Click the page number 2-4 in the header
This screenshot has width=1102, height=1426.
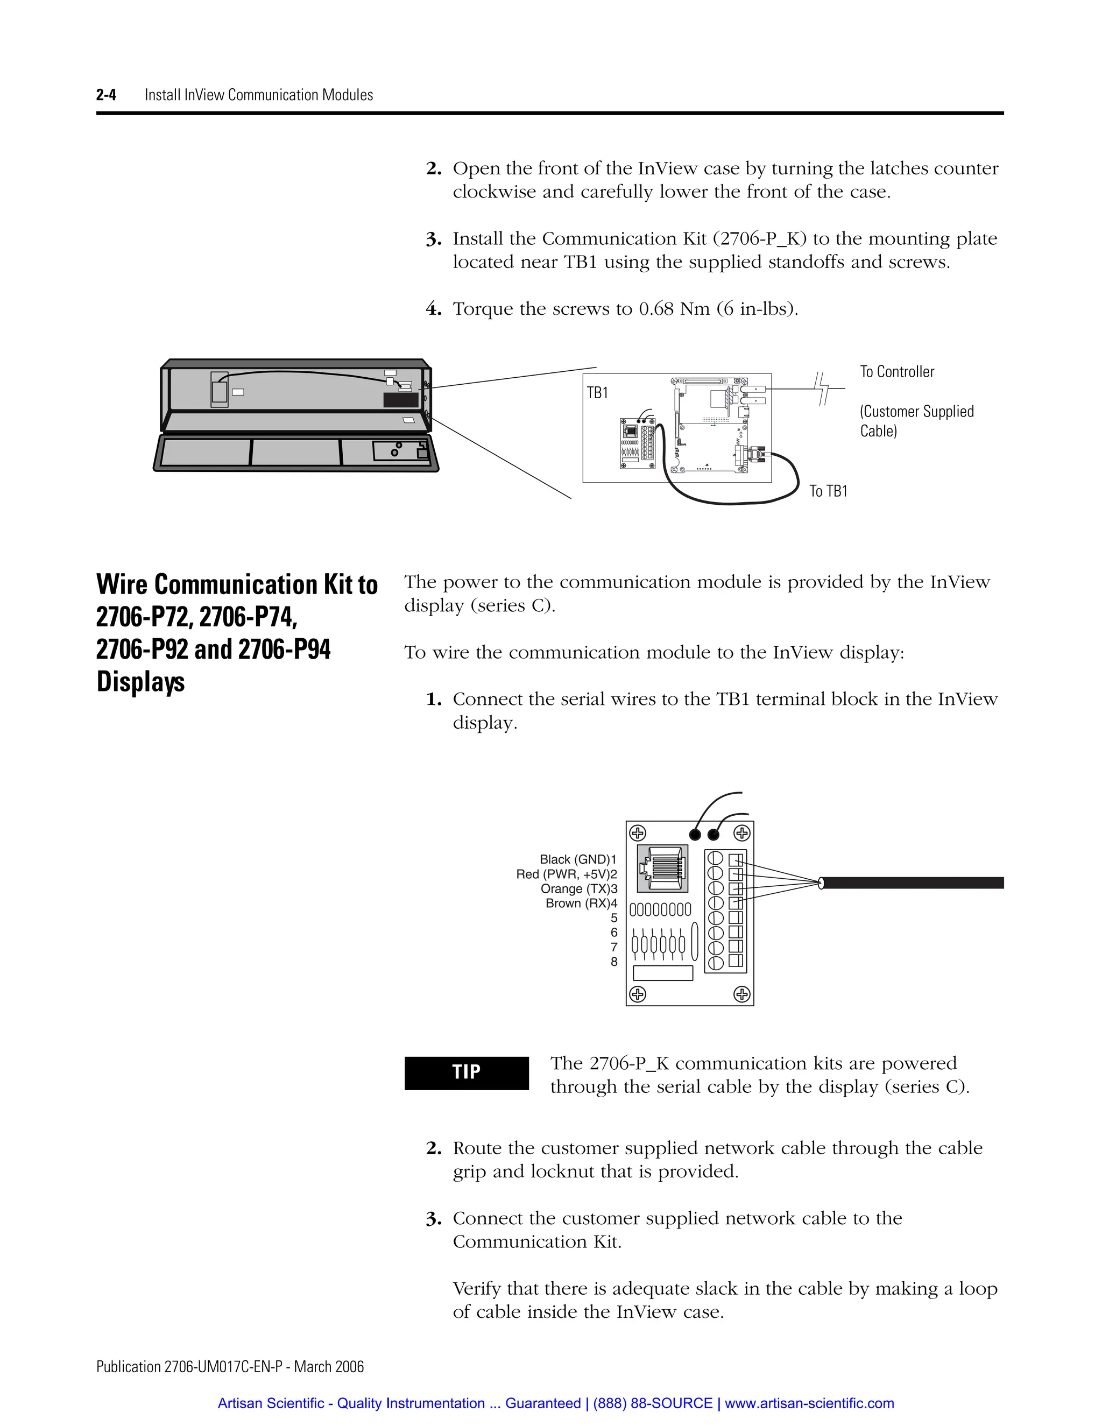tap(106, 95)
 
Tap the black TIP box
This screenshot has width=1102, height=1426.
tap(466, 1073)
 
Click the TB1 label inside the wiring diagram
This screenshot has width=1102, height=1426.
tap(597, 393)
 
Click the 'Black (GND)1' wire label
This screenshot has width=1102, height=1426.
tap(578, 859)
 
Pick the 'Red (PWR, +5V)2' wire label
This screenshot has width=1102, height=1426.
tap(566, 874)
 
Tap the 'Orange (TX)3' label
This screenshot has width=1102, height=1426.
tap(578, 888)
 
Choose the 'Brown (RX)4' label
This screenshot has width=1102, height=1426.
tap(581, 903)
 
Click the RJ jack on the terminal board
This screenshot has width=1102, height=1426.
tap(662, 868)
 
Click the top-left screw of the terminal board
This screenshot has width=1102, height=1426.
tap(638, 833)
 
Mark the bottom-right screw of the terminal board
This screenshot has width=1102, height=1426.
tap(741, 994)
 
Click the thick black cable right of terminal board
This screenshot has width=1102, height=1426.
tap(914, 883)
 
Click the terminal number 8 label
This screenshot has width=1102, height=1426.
tap(613, 962)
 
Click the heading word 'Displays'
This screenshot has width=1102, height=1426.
tap(140, 682)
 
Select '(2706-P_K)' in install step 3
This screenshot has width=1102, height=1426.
tap(759, 239)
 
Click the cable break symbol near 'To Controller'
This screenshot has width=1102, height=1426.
tap(821, 388)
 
